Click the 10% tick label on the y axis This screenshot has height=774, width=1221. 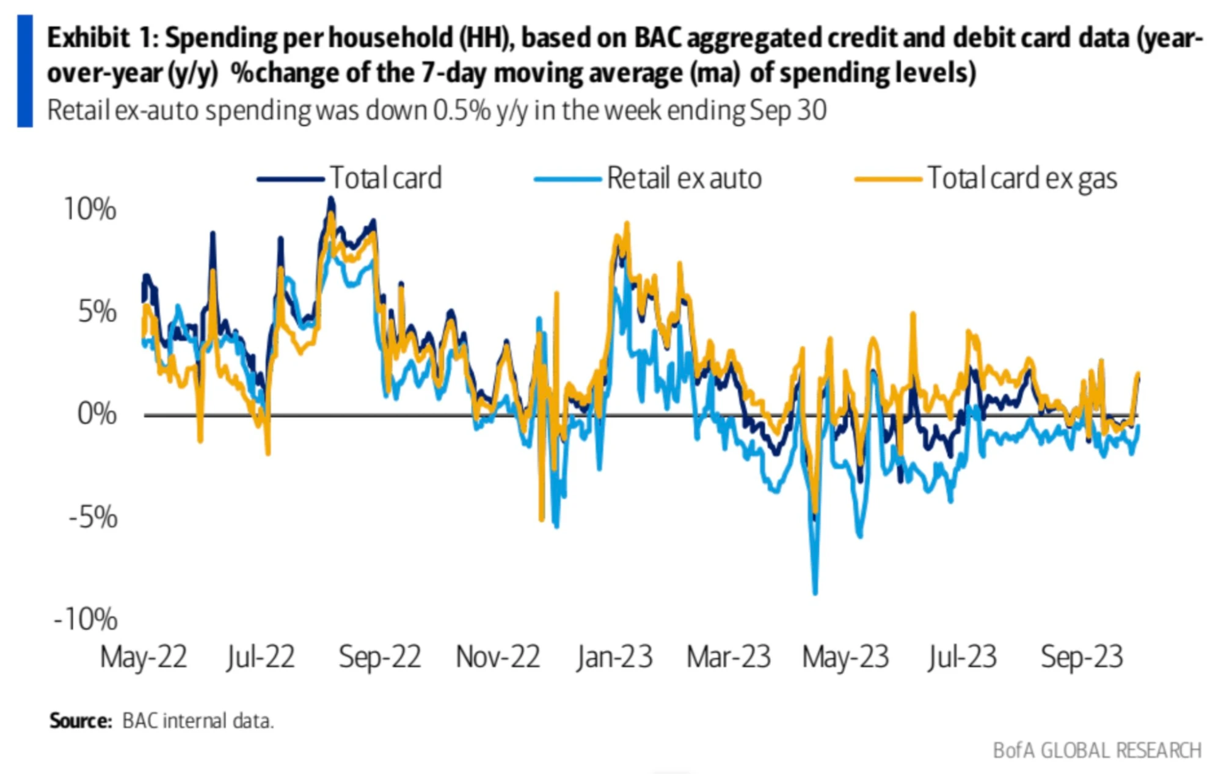90,210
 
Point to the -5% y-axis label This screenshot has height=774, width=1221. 93,517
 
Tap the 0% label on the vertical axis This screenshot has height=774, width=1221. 97,414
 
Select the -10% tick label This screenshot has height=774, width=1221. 86,619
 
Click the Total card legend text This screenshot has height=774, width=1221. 385,178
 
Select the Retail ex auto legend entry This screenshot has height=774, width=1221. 684,178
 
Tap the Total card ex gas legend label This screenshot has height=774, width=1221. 1022,178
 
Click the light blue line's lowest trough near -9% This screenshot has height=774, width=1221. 815,591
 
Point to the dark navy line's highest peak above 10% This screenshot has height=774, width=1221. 331,199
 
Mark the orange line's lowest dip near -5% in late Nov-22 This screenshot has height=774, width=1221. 542,519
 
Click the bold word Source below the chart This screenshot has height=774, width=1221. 81,721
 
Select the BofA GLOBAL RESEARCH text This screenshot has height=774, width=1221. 1097,750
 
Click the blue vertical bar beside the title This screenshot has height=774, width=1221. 25,71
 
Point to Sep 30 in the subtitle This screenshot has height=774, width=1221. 788,111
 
